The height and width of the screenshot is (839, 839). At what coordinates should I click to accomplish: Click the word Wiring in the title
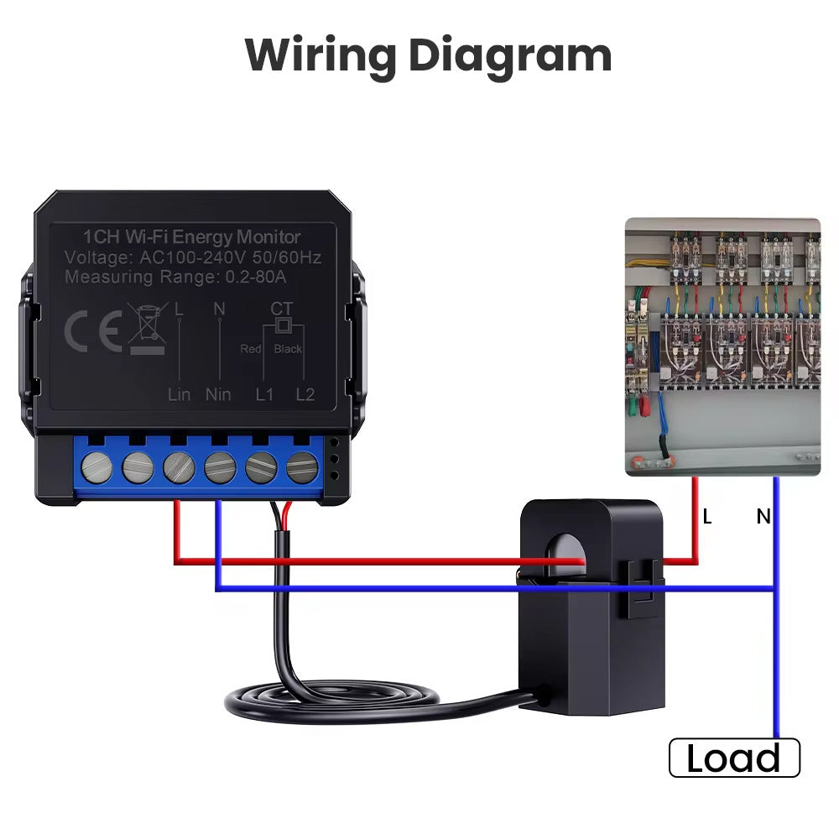[320, 56]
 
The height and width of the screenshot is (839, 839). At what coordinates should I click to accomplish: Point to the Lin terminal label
[179, 393]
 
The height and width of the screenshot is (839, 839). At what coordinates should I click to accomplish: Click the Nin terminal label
[218, 393]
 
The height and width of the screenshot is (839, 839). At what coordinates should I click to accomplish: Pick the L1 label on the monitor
[264, 393]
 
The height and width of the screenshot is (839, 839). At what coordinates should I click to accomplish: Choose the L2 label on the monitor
[305, 393]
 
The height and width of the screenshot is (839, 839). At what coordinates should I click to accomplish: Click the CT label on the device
[282, 309]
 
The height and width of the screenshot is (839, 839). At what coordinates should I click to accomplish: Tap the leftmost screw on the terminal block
[99, 468]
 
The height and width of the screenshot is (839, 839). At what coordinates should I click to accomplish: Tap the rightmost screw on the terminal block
[302, 468]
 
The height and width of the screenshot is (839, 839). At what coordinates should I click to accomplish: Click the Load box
[734, 758]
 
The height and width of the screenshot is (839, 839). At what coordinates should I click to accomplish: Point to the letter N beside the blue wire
[763, 518]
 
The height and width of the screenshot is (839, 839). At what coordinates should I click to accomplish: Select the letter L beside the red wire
[707, 518]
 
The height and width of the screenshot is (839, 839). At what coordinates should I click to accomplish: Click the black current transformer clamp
[591, 604]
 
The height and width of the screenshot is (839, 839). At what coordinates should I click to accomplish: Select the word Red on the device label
[251, 348]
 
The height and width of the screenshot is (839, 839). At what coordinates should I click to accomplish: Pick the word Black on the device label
[288, 348]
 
